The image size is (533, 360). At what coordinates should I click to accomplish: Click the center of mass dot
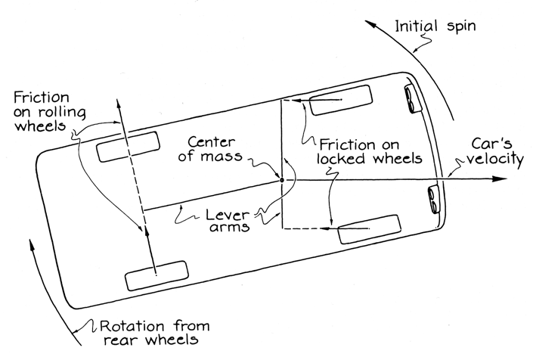click(x=282, y=180)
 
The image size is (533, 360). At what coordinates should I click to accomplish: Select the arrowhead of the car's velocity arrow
click(x=498, y=179)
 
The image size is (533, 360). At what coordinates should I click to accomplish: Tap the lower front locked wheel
click(x=368, y=229)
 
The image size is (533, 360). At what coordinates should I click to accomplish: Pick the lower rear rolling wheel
click(x=156, y=275)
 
